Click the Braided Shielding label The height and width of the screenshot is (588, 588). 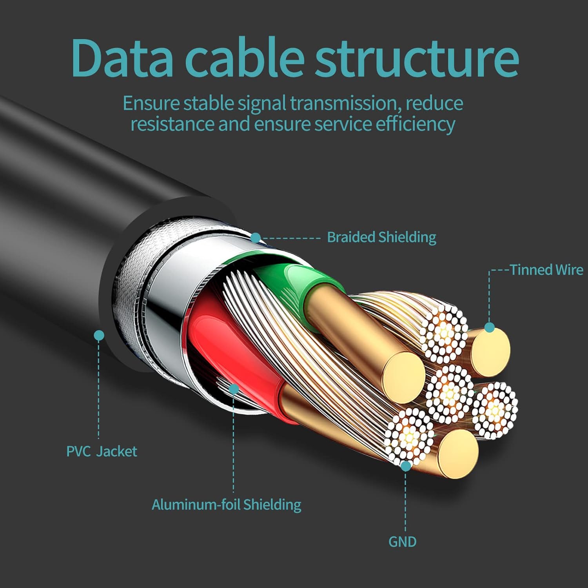(x=381, y=237)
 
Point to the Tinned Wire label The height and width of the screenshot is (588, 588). (x=546, y=270)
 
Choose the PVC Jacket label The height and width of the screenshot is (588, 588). (x=102, y=451)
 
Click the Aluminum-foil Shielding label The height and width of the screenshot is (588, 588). (x=227, y=505)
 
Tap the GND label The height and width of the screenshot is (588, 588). (x=402, y=542)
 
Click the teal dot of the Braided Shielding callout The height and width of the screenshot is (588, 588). (x=256, y=238)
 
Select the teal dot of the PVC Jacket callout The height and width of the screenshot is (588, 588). (x=99, y=335)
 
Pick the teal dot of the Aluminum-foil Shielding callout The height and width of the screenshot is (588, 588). (x=234, y=388)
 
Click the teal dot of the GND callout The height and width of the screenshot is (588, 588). (x=406, y=466)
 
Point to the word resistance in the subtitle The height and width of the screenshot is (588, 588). (x=173, y=124)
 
